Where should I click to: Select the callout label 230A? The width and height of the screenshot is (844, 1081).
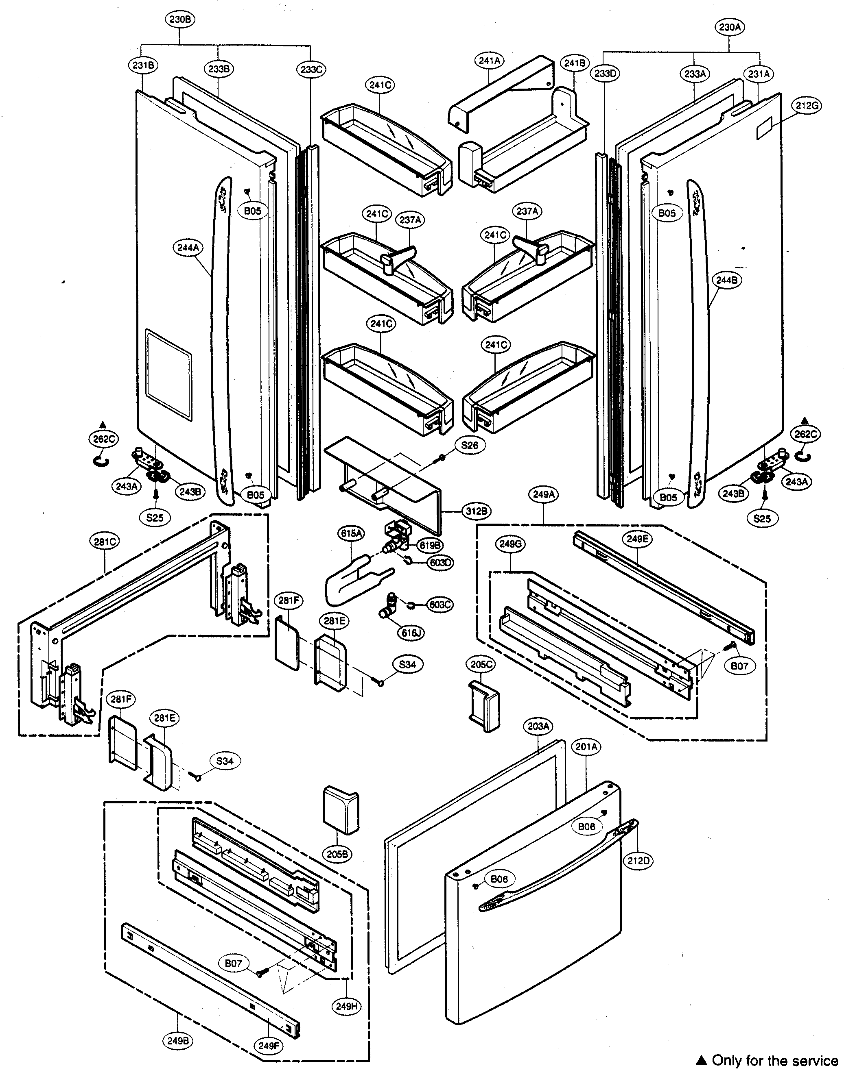click(730, 27)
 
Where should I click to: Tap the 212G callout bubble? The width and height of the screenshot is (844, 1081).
click(806, 105)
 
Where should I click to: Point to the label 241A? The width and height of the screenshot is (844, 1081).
click(490, 61)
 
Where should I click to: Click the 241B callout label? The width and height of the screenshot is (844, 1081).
click(575, 63)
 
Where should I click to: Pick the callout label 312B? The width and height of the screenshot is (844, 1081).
click(477, 511)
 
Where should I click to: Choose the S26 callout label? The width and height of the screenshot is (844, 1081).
click(470, 445)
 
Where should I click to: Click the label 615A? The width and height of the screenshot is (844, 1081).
click(351, 533)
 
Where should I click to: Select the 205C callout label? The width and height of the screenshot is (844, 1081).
click(481, 664)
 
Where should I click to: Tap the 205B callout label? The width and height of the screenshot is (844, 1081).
click(337, 854)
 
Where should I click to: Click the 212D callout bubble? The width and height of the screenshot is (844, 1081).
click(638, 860)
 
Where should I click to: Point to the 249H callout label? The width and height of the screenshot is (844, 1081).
click(346, 1006)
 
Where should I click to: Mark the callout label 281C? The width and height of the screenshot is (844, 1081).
click(105, 542)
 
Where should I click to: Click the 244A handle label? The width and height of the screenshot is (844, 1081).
click(188, 248)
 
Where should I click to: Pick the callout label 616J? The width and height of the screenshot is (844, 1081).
click(411, 633)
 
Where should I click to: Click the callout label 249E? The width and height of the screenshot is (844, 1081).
click(637, 539)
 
